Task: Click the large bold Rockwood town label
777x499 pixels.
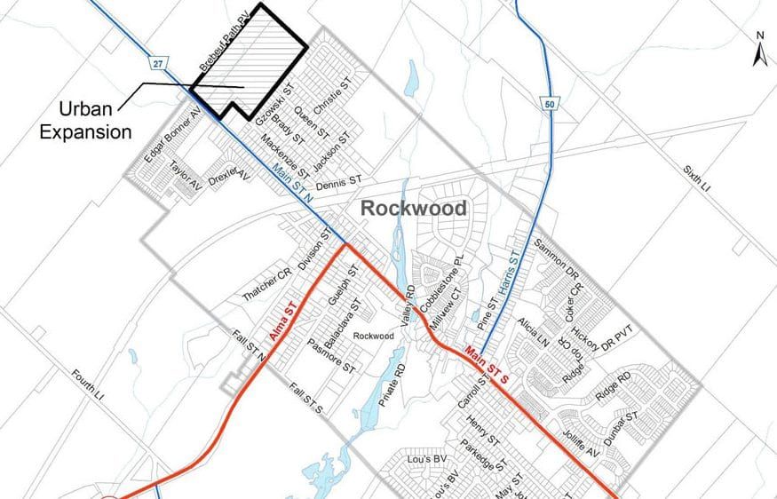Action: point(413,209)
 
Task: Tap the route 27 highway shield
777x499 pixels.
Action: point(157,64)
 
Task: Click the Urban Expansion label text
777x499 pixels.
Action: point(96,121)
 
